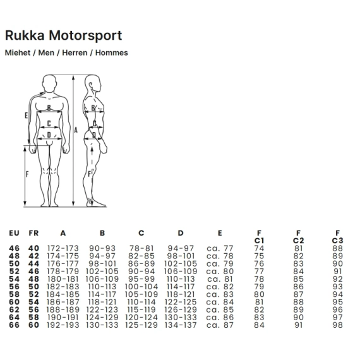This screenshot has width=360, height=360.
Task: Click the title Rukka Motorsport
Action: pos(63,36)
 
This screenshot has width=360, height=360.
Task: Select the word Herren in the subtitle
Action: pos(75,52)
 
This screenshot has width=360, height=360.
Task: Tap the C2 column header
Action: pos(298,241)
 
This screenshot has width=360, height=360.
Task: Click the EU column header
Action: pos(14,233)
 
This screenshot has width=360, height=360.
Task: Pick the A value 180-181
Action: pos(63,279)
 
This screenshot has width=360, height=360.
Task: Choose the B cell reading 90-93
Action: pos(102,248)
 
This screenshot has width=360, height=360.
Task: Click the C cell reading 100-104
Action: pos(141,287)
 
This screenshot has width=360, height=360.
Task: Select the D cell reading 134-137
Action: pos(181,325)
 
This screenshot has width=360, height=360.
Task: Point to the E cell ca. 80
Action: pos(220,272)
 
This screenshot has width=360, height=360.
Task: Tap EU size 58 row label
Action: pos(14,294)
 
